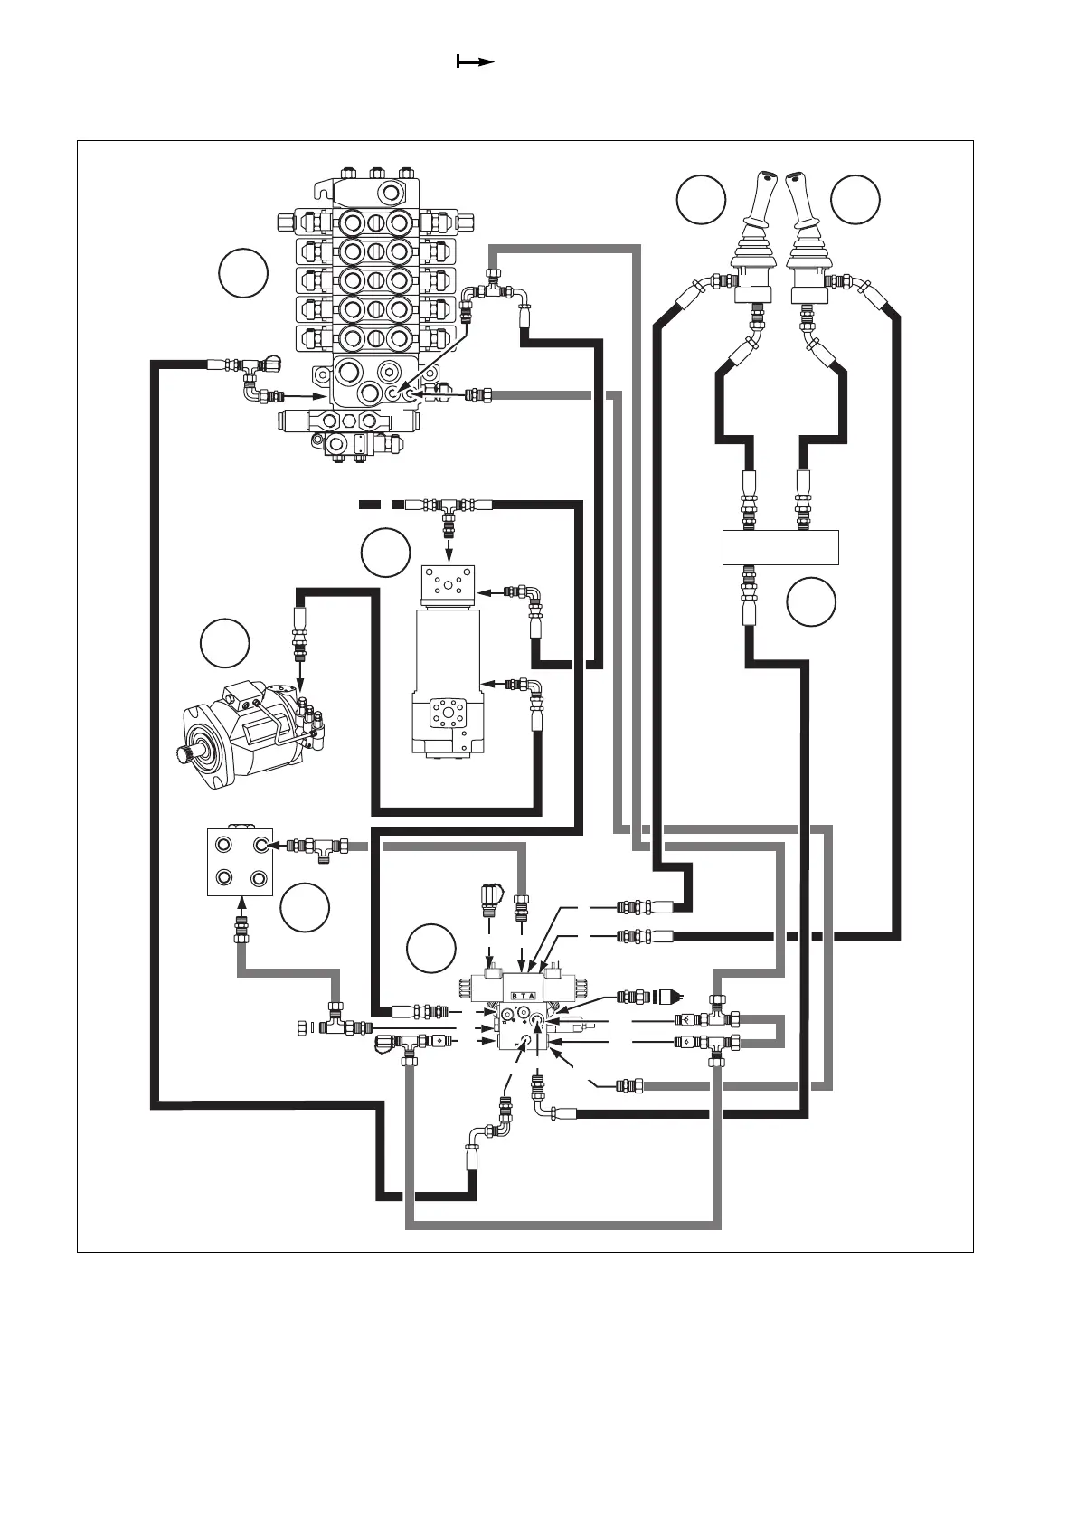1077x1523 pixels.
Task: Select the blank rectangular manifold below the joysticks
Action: pyautogui.click(x=781, y=547)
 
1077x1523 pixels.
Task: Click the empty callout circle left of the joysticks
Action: pyautogui.click(x=701, y=200)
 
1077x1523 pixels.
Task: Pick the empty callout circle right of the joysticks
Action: pyautogui.click(x=855, y=200)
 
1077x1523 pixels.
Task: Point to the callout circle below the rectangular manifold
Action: pyautogui.click(x=810, y=602)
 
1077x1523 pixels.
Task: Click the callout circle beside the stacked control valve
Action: pyautogui.click(x=243, y=274)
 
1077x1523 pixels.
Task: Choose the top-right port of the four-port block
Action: pyautogui.click(x=261, y=845)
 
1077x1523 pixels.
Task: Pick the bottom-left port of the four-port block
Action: pyautogui.click(x=222, y=877)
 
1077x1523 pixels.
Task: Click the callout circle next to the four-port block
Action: pyautogui.click(x=304, y=907)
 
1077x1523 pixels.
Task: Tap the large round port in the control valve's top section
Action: pyautogui.click(x=391, y=191)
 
